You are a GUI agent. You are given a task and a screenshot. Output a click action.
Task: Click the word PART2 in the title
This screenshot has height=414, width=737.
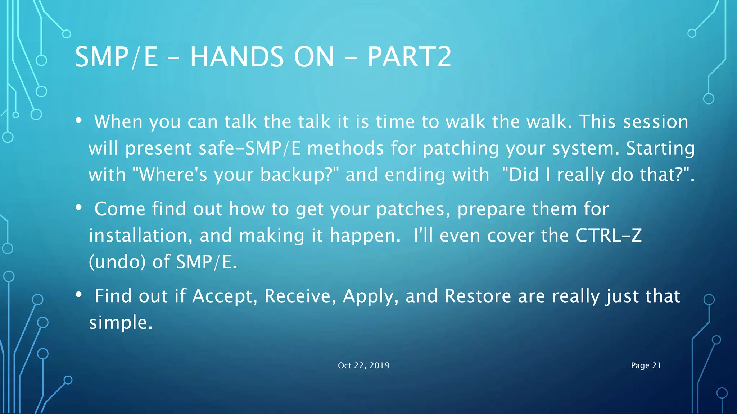pyautogui.click(x=409, y=57)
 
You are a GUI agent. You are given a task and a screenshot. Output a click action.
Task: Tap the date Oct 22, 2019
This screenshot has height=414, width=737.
pyautogui.click(x=363, y=365)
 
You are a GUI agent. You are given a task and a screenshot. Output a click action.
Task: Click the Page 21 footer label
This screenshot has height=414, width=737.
pyautogui.click(x=646, y=365)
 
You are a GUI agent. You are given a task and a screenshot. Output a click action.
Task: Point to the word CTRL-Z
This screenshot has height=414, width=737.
pyautogui.click(x=608, y=236)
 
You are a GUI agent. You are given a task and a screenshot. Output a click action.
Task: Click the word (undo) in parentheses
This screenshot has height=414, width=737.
pyautogui.click(x=117, y=262)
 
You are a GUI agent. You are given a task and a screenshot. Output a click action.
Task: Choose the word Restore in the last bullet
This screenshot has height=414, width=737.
pyautogui.click(x=478, y=296)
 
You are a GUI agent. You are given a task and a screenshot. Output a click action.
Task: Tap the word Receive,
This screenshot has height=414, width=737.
pyautogui.click(x=300, y=296)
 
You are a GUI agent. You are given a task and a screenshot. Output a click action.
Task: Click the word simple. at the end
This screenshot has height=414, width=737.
pyautogui.click(x=121, y=323)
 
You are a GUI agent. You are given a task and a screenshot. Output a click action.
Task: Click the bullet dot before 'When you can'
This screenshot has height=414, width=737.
pyautogui.click(x=79, y=120)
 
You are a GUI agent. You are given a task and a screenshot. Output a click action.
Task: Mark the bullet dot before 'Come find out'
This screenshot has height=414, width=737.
pyautogui.click(x=79, y=208)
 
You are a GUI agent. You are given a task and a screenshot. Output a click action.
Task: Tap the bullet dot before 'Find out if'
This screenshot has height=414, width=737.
pyautogui.click(x=79, y=295)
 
